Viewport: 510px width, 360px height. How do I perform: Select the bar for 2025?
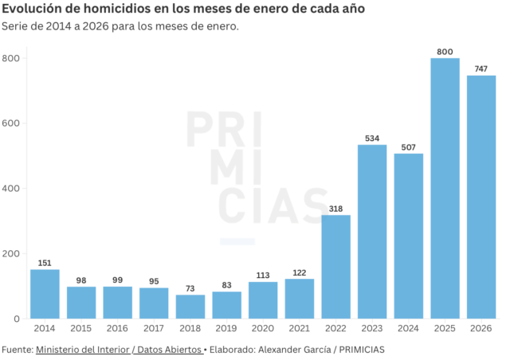(445, 188)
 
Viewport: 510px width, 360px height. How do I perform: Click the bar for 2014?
(45, 294)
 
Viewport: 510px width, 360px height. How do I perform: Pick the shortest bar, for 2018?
(190, 307)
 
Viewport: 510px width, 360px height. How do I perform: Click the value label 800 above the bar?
(445, 52)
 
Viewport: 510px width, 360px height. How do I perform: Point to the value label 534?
(372, 139)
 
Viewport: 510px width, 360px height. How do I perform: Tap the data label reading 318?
(335, 209)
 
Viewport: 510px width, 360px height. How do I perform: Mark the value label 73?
(190, 288)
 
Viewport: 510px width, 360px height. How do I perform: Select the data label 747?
(481, 69)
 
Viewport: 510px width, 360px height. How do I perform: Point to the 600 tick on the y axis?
(11, 123)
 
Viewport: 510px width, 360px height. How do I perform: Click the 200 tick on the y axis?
(11, 253)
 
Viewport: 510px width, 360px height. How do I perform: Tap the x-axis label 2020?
(263, 328)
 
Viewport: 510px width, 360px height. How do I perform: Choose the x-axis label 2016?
(117, 328)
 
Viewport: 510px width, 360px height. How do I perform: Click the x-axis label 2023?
(372, 328)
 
